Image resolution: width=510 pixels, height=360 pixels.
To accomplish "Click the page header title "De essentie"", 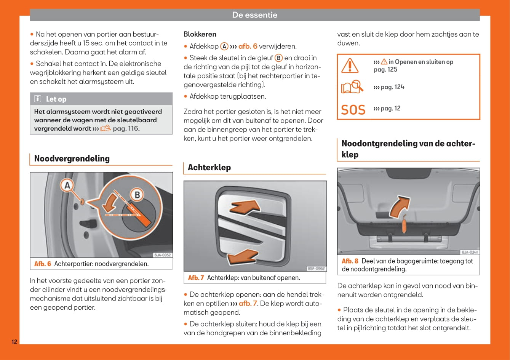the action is click(254, 15).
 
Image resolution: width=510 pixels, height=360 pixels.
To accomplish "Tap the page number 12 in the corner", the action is click(14, 342).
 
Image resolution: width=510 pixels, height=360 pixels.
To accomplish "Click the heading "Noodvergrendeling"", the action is click(72, 158).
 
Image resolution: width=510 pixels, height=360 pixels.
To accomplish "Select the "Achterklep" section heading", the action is click(209, 167).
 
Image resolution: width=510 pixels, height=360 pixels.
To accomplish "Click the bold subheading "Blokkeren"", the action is click(200, 34).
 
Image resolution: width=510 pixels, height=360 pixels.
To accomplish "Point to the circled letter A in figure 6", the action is click(67, 186).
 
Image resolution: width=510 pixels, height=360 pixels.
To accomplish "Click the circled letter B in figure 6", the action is click(137, 195).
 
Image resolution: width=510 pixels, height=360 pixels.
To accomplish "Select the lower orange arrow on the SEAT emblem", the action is click(243, 257).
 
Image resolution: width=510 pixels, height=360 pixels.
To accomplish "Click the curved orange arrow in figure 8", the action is click(399, 206).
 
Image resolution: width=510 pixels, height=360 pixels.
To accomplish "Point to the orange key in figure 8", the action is click(404, 224).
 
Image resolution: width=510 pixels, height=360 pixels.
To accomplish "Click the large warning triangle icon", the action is click(350, 66).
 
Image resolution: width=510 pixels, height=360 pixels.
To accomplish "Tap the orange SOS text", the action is click(353, 110).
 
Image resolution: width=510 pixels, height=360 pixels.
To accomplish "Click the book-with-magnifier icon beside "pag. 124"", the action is click(352, 87).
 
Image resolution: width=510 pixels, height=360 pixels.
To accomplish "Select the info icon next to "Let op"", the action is click(38, 99).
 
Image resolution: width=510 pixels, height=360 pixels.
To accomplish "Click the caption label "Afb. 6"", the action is click(43, 264).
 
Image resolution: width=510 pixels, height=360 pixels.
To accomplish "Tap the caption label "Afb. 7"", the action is click(196, 278).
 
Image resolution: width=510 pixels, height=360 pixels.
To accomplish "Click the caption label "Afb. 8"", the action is click(350, 261).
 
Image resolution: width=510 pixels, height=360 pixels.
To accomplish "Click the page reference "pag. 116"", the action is click(126, 129).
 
